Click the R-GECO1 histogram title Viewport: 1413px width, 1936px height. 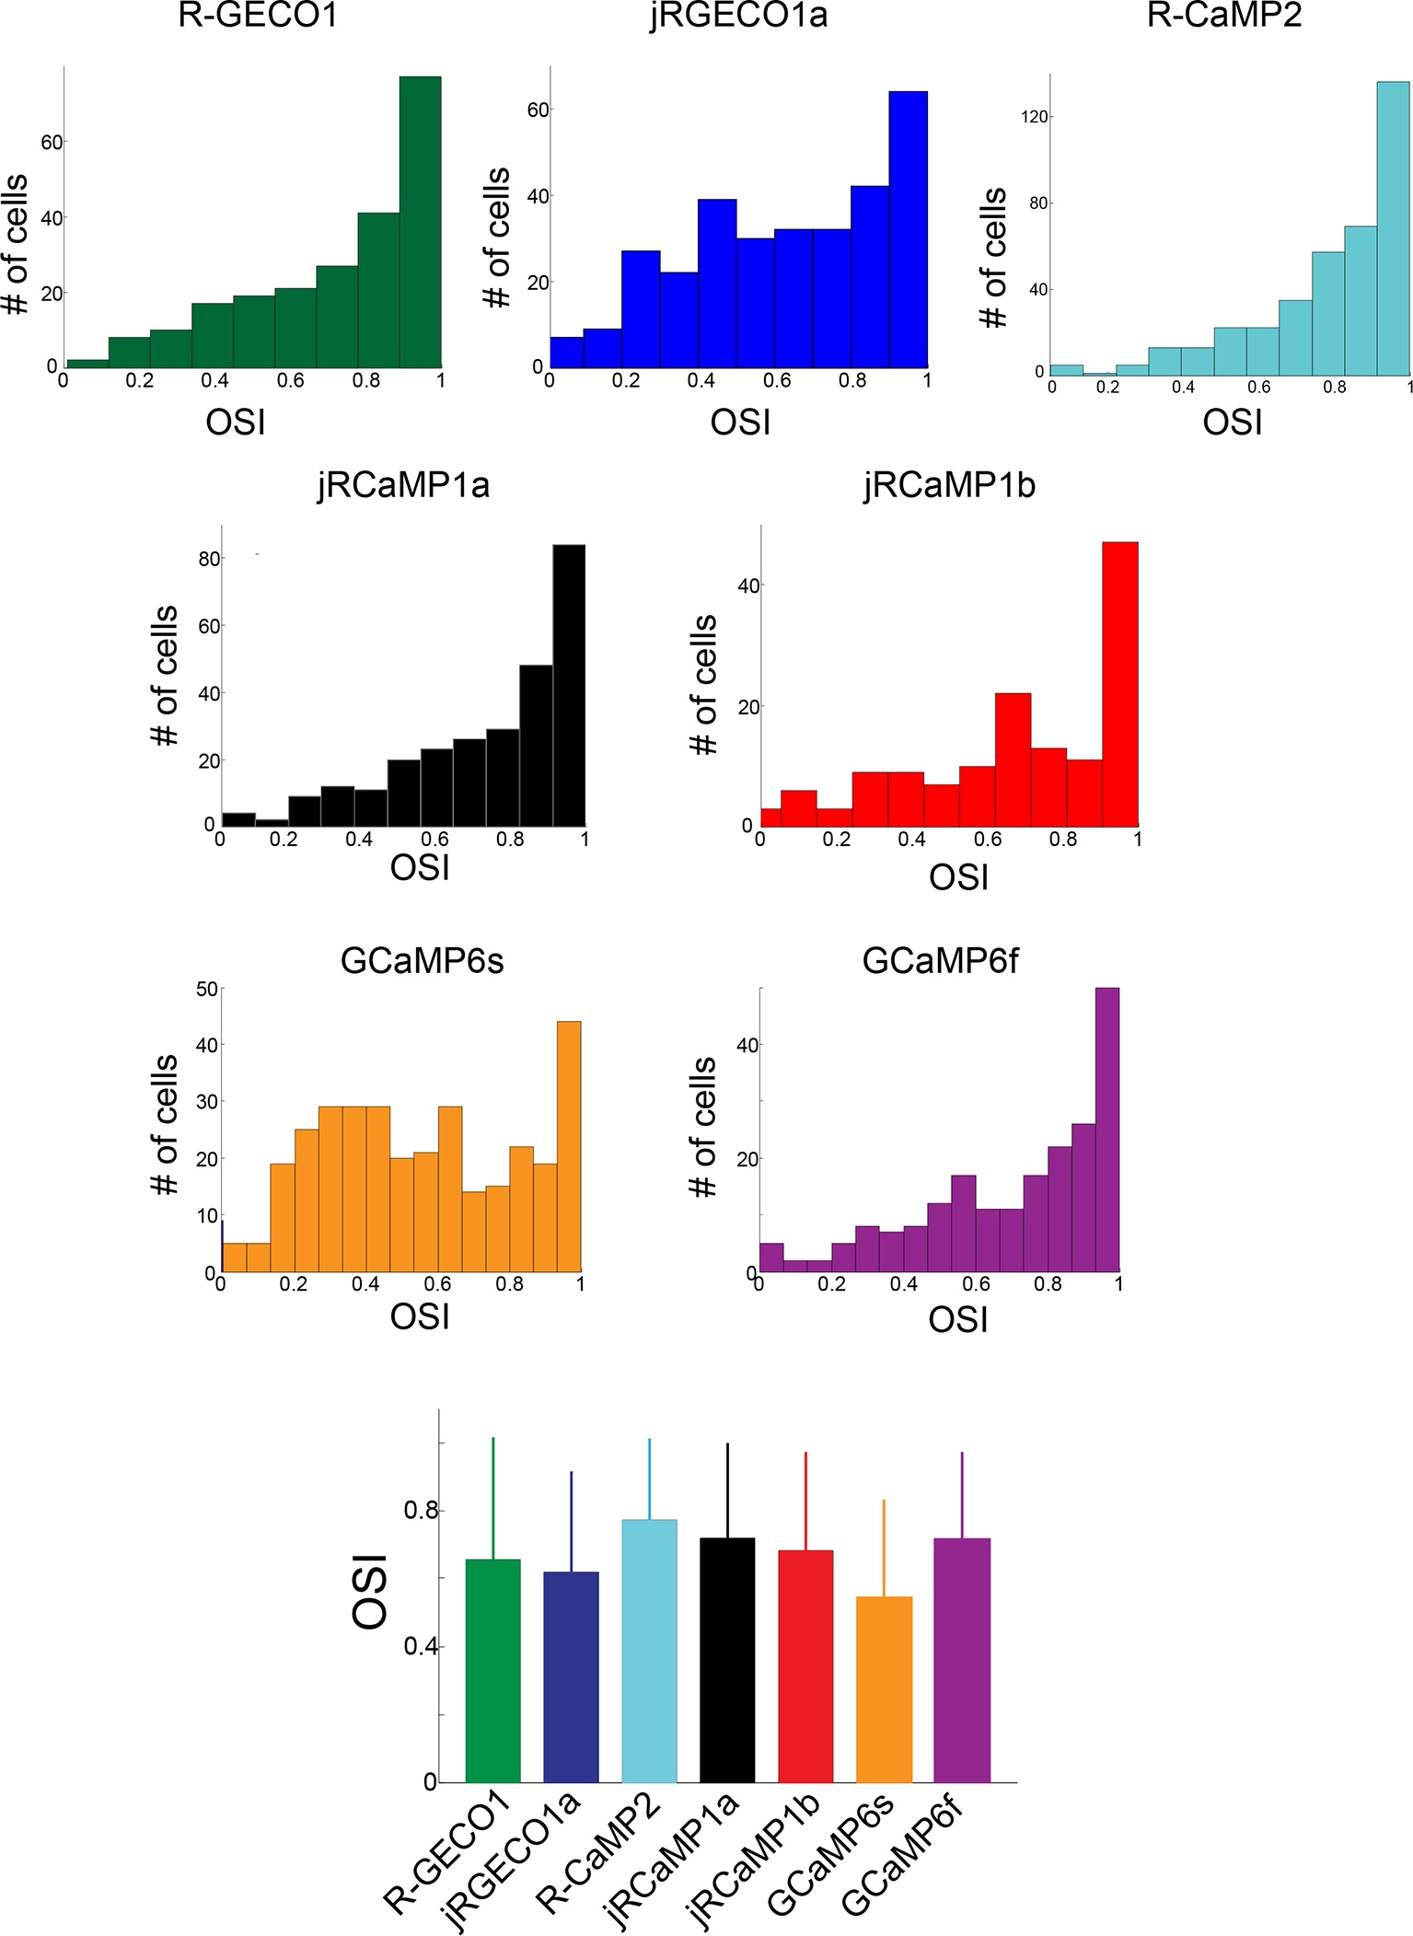point(258,17)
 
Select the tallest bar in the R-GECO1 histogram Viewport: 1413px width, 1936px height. point(420,221)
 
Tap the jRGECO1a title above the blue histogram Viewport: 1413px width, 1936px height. point(738,17)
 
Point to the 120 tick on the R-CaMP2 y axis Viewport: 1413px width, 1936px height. point(1035,117)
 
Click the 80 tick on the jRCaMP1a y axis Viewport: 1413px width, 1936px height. point(209,559)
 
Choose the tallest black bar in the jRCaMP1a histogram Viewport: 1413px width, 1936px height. point(569,685)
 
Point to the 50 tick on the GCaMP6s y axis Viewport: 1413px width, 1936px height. point(207,990)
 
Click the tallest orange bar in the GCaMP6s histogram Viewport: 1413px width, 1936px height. point(569,1146)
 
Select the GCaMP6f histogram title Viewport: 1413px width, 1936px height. point(940,961)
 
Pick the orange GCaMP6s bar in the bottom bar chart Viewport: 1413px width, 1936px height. point(884,1689)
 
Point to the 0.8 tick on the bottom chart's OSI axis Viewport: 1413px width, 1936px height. point(421,1511)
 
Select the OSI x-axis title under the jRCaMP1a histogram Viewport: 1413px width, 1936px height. point(420,867)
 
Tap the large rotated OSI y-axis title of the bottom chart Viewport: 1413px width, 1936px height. point(371,1592)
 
